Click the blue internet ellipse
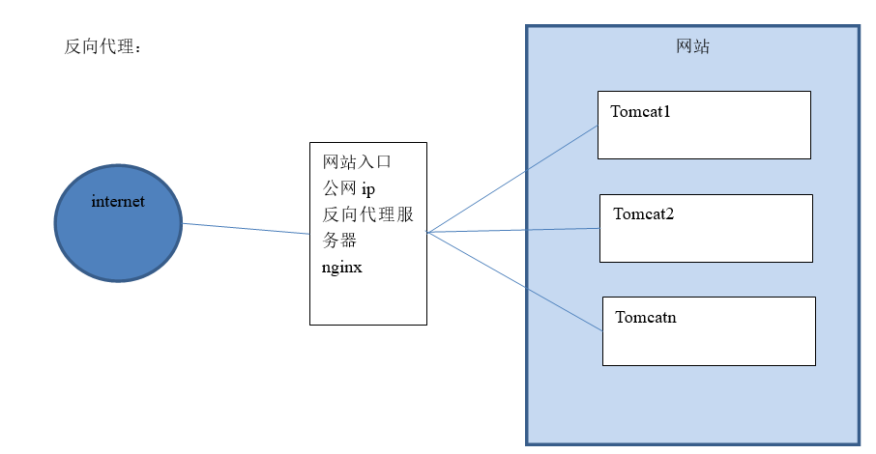coord(118,241)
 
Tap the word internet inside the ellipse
coord(118,202)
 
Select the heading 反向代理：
coord(102,47)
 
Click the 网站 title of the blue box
coord(692,46)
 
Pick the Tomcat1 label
coord(640,111)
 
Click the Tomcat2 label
coord(643,213)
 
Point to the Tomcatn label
coord(646,317)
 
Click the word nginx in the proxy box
coord(341,267)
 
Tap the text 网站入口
coord(357,161)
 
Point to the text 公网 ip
coord(347,188)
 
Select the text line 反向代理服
coord(367,214)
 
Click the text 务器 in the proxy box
coord(339,241)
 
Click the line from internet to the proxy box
coord(247,228)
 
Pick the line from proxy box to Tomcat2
coord(512,230)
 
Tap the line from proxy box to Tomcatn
coord(512,280)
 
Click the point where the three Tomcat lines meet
coord(428,232)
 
